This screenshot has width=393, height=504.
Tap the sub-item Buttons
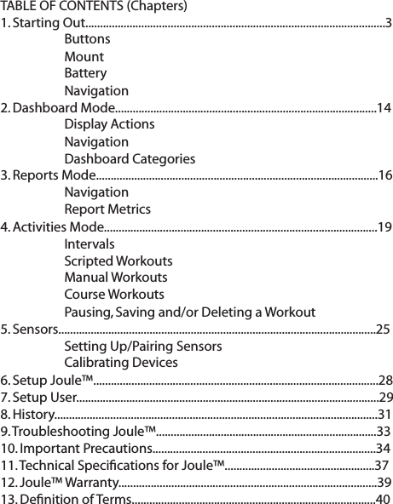point(86,40)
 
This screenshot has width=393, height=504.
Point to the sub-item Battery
point(85,74)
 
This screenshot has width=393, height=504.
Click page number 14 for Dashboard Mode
point(384,108)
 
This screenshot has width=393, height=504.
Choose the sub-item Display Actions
point(109,125)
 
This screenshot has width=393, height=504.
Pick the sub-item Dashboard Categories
point(129,159)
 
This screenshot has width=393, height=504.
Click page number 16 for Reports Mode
point(384,176)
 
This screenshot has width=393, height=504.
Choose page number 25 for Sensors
point(383,329)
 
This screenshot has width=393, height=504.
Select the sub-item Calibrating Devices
point(121,364)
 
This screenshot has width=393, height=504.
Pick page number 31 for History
point(384,415)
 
